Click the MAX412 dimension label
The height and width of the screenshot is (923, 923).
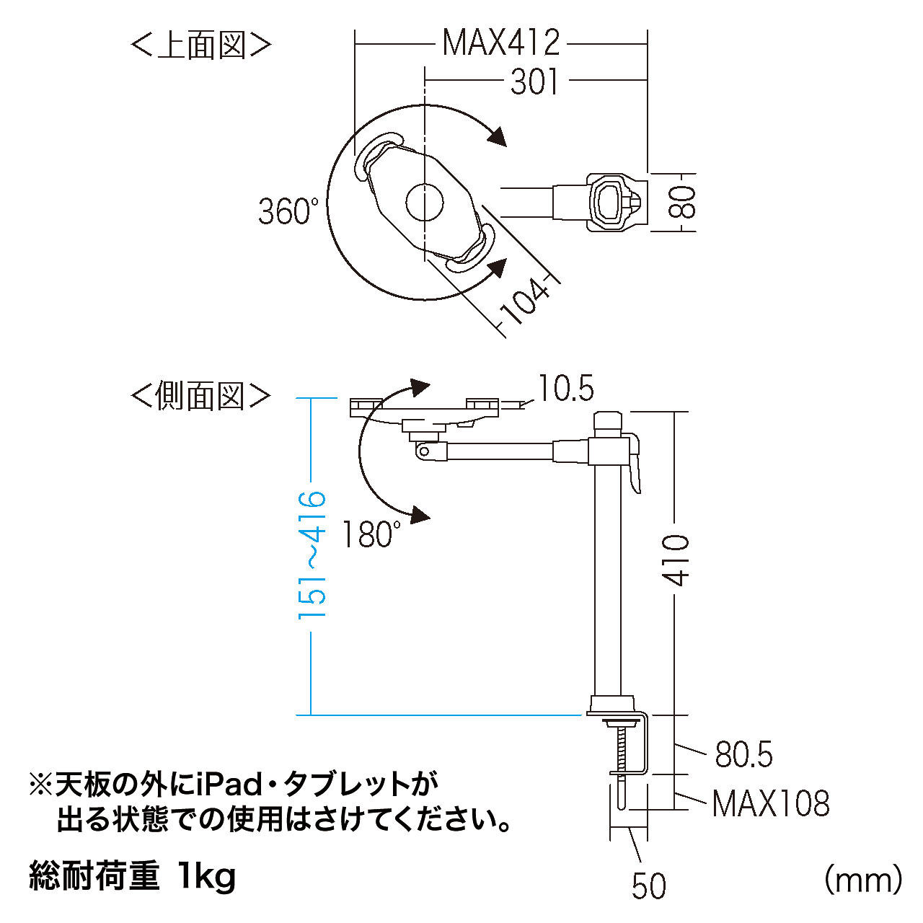coord(500,43)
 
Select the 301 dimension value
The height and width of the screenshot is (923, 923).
coord(534,81)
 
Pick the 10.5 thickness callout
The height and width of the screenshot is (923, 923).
coord(565,387)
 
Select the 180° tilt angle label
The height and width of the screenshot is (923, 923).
coord(371,534)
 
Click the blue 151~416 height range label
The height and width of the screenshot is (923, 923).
coord(312,555)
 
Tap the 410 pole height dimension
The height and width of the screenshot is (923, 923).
coord(676,561)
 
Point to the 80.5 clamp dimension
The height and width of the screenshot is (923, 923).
coord(743,754)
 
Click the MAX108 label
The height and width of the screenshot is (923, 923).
coord(771,803)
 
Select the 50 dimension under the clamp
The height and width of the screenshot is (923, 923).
coord(649,886)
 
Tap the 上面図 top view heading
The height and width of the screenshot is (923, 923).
coord(201,45)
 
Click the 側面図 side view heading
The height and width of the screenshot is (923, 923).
coord(201,396)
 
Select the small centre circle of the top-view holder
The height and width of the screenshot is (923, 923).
coord(425,202)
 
